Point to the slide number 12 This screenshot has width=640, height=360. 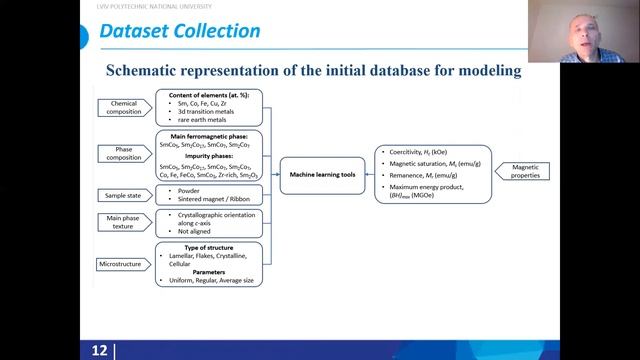99,350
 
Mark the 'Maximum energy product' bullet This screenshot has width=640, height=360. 445,187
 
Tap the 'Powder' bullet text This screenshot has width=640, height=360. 189,189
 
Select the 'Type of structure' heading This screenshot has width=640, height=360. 208,246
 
